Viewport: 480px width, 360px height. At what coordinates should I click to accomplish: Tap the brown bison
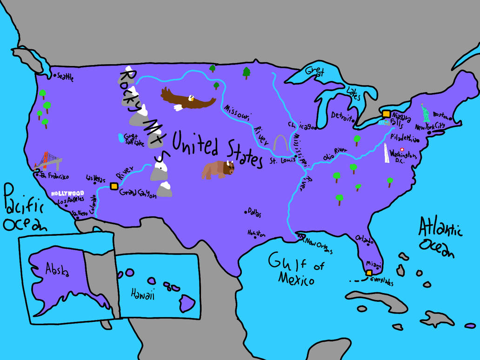tap(218, 169)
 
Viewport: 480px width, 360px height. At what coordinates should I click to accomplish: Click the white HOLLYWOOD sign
tap(67, 193)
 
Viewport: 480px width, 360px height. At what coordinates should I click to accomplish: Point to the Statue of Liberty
tap(425, 113)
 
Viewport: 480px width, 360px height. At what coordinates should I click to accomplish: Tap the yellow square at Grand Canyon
tap(114, 186)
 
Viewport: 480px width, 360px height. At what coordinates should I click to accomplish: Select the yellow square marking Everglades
tap(369, 273)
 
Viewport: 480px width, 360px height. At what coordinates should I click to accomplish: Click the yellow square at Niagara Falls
tap(386, 113)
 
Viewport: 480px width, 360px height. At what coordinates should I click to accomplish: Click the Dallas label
tap(254, 213)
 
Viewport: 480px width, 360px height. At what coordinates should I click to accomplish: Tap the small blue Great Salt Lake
tap(121, 138)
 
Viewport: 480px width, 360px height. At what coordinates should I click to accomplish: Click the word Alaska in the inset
tap(57, 270)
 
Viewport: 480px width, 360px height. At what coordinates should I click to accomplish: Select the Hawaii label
tap(142, 294)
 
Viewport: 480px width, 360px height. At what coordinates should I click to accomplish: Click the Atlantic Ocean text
tap(439, 238)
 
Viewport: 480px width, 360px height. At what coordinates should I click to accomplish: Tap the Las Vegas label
tap(96, 179)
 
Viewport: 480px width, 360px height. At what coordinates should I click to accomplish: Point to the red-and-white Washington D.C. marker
tap(402, 149)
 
